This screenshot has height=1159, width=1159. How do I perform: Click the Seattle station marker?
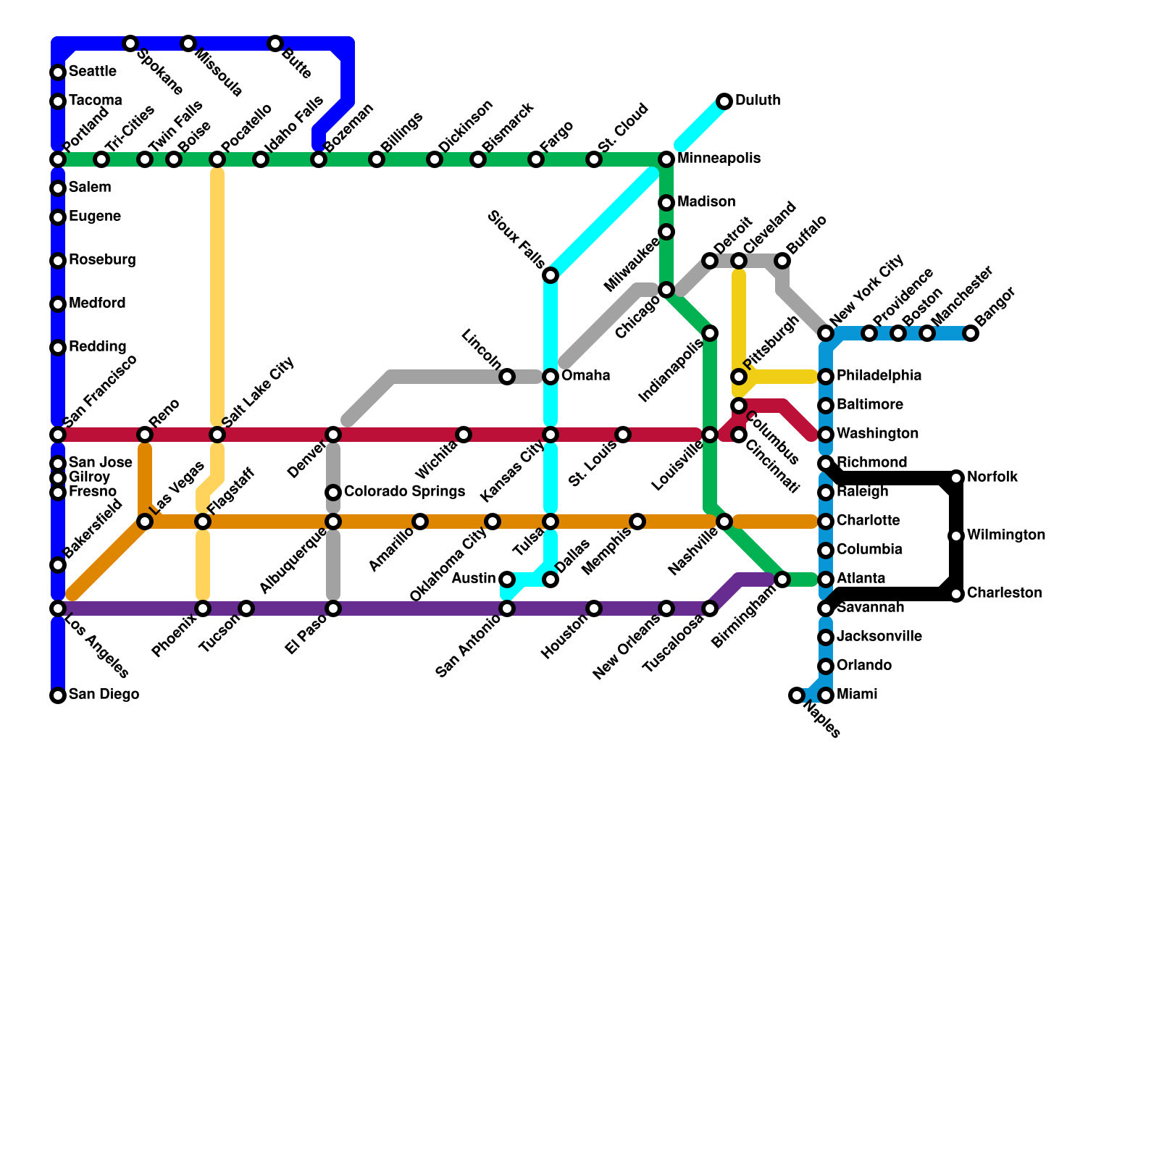pos(58,72)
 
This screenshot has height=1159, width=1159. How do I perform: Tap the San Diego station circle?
pos(58,695)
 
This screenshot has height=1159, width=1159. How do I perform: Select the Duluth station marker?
pos(724,101)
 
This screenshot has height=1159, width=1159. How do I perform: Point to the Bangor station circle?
pos(971,333)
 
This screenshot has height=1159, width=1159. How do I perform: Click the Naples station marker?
pos(797,695)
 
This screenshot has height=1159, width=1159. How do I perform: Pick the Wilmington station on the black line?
pos(956,536)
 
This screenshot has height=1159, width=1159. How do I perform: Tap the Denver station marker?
pos(333,435)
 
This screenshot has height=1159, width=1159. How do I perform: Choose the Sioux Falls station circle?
pos(551,275)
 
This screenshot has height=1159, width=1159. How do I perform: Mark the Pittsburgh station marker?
pos(739,377)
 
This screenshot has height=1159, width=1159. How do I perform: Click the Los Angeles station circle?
pos(58,608)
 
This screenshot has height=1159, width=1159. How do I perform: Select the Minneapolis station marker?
pos(666,159)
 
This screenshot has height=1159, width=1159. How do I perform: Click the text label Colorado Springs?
pos(404,493)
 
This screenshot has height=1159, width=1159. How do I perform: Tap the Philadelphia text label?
pos(879,376)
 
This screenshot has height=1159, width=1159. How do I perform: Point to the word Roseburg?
pos(102,260)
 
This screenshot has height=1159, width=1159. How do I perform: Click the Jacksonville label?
pos(879,637)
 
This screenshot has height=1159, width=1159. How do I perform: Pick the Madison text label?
pos(706,202)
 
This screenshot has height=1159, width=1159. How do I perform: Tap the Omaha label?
pos(585,376)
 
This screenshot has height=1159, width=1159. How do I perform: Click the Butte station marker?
pos(275,43)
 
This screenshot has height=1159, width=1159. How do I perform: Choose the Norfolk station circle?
pos(956,478)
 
